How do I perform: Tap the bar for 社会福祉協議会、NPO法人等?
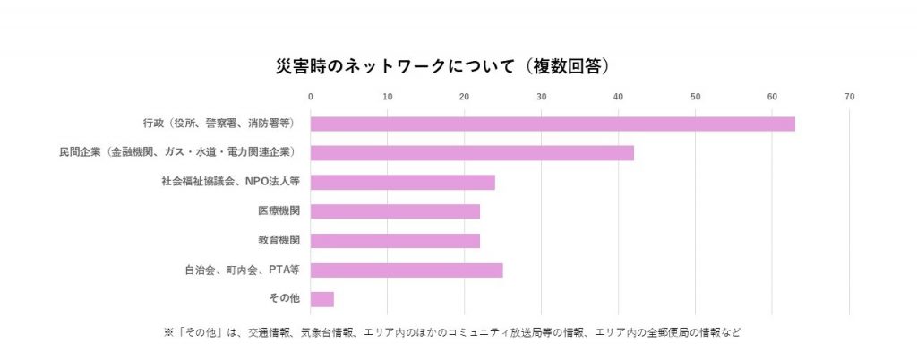[x=402, y=183]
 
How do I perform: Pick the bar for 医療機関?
[x=395, y=211]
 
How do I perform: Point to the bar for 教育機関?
[x=395, y=241]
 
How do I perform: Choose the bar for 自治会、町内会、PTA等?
[x=407, y=270]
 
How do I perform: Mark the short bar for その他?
[x=321, y=299]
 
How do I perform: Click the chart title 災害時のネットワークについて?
[x=442, y=66]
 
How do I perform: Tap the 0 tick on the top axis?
[x=310, y=97]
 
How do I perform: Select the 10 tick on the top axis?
[x=387, y=97]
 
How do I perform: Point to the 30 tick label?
[x=541, y=97]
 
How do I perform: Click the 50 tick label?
[x=695, y=97]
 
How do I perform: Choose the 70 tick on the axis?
[x=849, y=97]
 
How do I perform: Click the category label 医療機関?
[x=279, y=212]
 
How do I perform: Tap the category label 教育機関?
[x=279, y=241]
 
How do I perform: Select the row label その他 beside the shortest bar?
[x=284, y=299]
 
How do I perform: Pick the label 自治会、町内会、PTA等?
[x=242, y=270]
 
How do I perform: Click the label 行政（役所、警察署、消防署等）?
[x=219, y=124]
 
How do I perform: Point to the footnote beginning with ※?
[x=452, y=332]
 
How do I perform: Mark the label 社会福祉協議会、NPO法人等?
[x=230, y=183]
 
